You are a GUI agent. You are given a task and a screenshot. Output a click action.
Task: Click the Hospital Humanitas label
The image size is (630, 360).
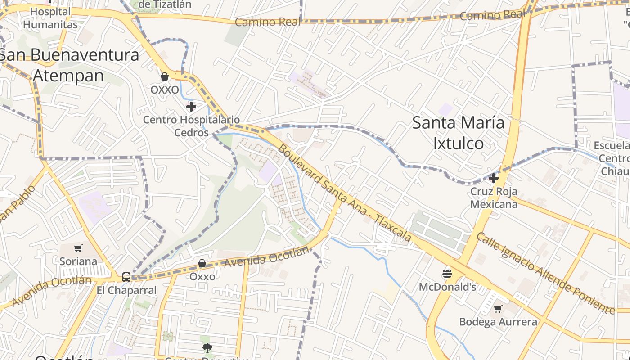(x=50, y=18)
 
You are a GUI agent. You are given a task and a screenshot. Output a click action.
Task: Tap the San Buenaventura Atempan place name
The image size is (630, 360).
(x=69, y=65)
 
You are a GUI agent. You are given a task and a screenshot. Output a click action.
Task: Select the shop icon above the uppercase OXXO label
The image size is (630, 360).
(x=165, y=76)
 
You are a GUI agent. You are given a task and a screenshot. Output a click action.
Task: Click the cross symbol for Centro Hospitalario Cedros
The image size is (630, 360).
(x=191, y=107)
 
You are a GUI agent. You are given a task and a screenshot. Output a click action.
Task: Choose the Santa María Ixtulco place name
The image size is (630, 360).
(x=458, y=133)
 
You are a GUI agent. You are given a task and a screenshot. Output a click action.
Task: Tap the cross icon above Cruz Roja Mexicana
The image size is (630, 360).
(x=494, y=178)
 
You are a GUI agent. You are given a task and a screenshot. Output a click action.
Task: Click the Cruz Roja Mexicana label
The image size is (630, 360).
(x=494, y=198)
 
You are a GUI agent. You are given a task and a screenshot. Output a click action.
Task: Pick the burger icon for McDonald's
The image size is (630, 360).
(x=447, y=273)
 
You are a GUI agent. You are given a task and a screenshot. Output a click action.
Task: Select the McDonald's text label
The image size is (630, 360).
(x=447, y=287)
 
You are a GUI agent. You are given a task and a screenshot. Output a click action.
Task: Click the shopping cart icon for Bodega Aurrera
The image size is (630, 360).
(x=498, y=309)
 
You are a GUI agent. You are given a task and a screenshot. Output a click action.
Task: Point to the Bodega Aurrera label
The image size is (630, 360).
(x=498, y=322)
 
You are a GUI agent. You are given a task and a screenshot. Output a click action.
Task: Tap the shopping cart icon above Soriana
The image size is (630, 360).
(x=78, y=248)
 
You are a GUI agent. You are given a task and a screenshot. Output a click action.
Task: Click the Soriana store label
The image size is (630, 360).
(x=78, y=261)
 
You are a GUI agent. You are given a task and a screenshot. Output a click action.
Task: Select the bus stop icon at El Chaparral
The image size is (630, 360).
(x=126, y=277)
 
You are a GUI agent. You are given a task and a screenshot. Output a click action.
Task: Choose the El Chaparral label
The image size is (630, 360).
(x=126, y=290)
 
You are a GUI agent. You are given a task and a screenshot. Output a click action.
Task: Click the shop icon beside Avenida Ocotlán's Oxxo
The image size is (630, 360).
(x=202, y=263)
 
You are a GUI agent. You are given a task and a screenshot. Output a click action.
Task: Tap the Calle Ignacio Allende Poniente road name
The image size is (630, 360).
(x=545, y=273)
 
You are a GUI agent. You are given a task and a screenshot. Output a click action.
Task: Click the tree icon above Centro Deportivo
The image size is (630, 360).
(x=207, y=347)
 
